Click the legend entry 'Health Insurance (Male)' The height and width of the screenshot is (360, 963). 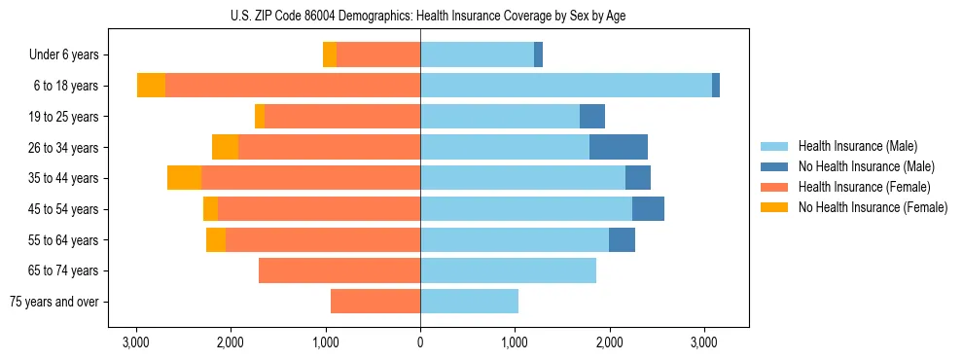click(857, 146)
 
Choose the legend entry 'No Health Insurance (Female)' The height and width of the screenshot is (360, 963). click(873, 207)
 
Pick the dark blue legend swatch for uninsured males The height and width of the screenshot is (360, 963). click(774, 166)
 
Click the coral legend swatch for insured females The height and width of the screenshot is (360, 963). click(774, 187)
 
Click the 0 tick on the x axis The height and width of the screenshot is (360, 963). click(420, 342)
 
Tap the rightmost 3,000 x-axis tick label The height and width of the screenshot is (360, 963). click(704, 342)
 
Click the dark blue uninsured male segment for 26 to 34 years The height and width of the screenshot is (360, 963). click(619, 148)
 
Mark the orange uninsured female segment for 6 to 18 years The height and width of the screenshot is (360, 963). click(151, 86)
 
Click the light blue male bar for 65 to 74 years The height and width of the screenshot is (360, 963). click(508, 270)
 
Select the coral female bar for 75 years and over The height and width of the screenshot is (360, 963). click(375, 302)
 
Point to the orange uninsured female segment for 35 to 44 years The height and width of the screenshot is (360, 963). click(184, 178)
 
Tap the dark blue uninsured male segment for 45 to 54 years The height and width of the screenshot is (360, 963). click(648, 209)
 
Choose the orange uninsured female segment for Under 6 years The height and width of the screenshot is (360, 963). click(330, 55)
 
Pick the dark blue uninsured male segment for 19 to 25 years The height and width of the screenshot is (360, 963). click(592, 117)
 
